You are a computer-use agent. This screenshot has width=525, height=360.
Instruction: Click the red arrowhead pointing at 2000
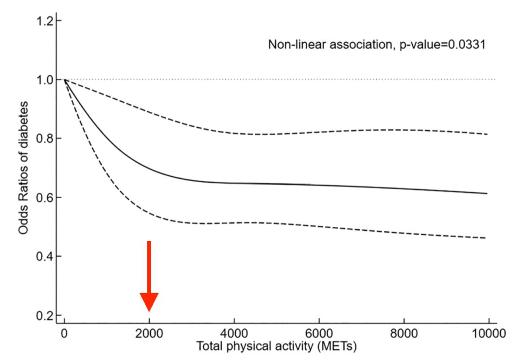coord(149,302)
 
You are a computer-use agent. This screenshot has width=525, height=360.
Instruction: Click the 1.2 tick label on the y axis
coord(45,21)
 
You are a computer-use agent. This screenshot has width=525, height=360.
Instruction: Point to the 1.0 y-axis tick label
coord(45,80)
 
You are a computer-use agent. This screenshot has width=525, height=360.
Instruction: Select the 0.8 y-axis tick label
coord(45,138)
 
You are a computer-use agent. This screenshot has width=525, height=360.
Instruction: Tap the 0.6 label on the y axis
coord(45,197)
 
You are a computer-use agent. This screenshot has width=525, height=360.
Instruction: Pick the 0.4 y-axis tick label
coord(45,257)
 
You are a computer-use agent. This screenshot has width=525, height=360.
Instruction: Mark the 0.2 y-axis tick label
coord(45,315)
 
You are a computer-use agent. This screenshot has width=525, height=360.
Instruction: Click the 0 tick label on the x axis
coord(64,334)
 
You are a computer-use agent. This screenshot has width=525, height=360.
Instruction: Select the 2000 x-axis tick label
coord(149,334)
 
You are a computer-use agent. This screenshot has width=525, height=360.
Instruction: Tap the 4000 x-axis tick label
coord(234,334)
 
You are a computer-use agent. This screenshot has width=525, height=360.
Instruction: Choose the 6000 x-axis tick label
coord(319,334)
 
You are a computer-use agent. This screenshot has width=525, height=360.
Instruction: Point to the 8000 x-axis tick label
coord(404,334)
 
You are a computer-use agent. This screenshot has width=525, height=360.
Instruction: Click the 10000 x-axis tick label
coord(489,334)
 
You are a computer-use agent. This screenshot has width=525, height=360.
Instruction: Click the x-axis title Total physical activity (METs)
coord(276,346)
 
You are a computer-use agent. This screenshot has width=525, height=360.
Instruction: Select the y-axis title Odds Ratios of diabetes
coord(23,168)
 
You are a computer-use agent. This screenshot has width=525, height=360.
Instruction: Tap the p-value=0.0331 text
coord(442,45)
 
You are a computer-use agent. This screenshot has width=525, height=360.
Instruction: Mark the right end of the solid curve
coord(487,193)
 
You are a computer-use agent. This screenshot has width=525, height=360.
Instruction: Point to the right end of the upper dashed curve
coord(487,134)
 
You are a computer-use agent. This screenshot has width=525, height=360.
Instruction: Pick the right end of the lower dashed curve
coord(486,238)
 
